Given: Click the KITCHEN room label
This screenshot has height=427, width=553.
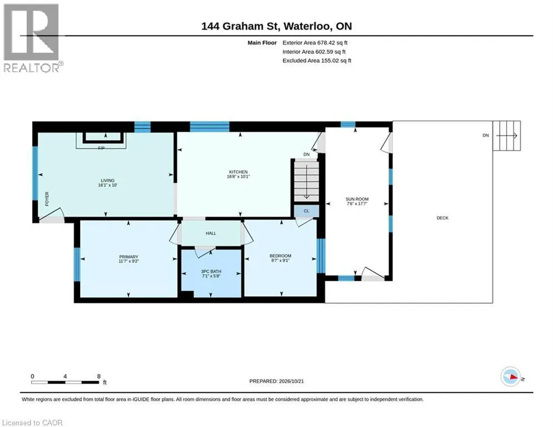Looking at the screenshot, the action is tap(238, 172).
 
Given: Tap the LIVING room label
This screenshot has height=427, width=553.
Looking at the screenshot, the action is tap(108, 180).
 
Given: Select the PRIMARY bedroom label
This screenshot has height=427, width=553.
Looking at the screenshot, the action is tap(129, 257).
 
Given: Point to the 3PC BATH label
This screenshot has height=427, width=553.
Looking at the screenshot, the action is tap(211, 271).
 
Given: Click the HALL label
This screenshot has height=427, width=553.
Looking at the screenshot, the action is tap(211, 234).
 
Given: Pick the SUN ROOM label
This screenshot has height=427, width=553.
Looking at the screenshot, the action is tap(357, 199).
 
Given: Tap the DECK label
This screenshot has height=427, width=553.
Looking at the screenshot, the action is tap(442, 218).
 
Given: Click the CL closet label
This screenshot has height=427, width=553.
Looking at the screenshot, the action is tap(306, 211).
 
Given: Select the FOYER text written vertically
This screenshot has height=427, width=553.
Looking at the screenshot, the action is tap(47, 198).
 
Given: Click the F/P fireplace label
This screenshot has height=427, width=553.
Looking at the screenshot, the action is tap(101, 148).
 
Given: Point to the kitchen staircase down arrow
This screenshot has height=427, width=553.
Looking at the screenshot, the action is tap(306, 181).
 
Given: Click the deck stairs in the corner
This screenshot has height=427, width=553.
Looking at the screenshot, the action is tap(507, 136).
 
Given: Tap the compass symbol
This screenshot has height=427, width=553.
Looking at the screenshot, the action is tap(510, 376).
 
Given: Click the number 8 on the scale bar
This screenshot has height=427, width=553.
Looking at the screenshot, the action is tap(99, 376).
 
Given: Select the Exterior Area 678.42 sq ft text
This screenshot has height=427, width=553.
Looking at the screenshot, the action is tap(315, 43).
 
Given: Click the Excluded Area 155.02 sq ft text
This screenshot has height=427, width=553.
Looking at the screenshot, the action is tap(317, 61).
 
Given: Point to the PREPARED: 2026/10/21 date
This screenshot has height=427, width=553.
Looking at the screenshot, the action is tap(277, 381).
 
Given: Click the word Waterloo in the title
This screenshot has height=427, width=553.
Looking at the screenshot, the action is tap(307, 26).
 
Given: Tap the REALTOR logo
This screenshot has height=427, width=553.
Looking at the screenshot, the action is tap(33, 38).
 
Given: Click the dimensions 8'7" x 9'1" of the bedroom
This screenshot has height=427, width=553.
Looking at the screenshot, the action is tap(280, 260).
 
